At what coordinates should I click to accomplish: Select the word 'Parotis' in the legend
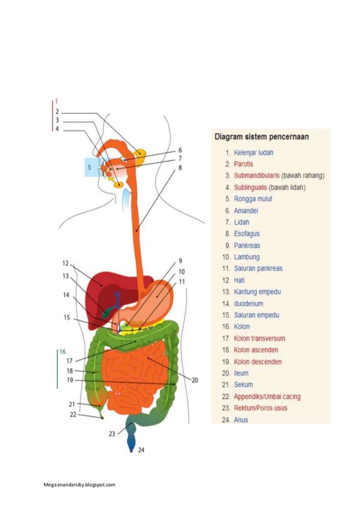(243, 164)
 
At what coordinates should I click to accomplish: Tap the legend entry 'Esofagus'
(247, 234)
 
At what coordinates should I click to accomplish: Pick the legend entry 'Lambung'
(247, 257)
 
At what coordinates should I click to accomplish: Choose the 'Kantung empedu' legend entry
(257, 292)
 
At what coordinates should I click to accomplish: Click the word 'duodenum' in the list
(248, 303)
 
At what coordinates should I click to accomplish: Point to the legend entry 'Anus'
(240, 420)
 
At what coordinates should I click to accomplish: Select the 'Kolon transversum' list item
(259, 339)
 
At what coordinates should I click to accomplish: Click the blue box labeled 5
(89, 168)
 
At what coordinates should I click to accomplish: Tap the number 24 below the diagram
(141, 450)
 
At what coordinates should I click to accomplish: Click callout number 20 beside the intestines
(195, 380)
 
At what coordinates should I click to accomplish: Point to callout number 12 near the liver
(65, 263)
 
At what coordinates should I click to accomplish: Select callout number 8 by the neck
(180, 168)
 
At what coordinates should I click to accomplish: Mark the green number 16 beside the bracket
(62, 351)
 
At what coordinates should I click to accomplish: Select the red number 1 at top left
(56, 102)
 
